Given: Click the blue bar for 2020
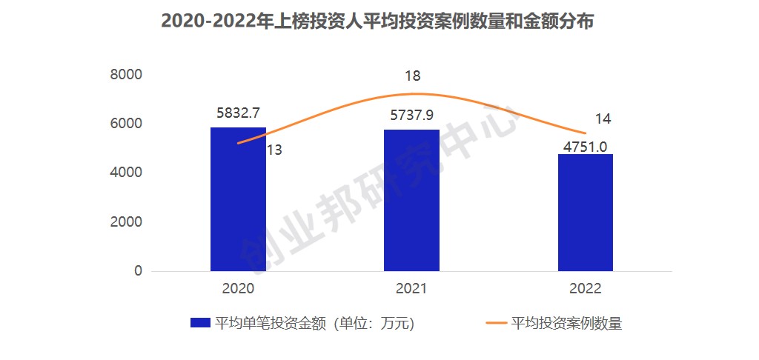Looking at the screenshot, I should click(238, 199).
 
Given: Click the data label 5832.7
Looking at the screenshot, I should click(238, 113).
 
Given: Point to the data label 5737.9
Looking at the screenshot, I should click(411, 116).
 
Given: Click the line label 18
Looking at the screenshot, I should click(413, 76).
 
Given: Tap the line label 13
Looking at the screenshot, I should click(274, 150).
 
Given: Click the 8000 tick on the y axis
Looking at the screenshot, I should click(127, 74).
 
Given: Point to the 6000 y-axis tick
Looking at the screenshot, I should click(127, 124).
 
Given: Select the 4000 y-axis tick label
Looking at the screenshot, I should click(127, 173).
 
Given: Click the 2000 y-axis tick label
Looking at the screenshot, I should click(127, 222).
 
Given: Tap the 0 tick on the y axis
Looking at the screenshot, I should click(138, 271).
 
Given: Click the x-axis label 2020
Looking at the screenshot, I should click(238, 288).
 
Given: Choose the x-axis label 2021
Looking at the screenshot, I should click(411, 288).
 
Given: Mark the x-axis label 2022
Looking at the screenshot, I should click(585, 288).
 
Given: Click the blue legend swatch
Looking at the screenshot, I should click(200, 323).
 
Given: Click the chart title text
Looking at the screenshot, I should click(378, 22).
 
